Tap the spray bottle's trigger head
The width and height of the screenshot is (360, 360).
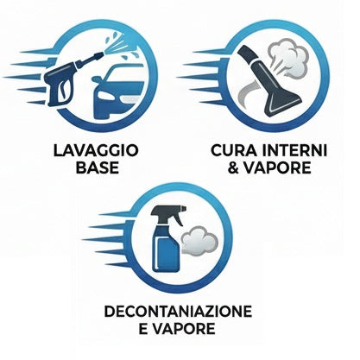pos(164,212)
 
